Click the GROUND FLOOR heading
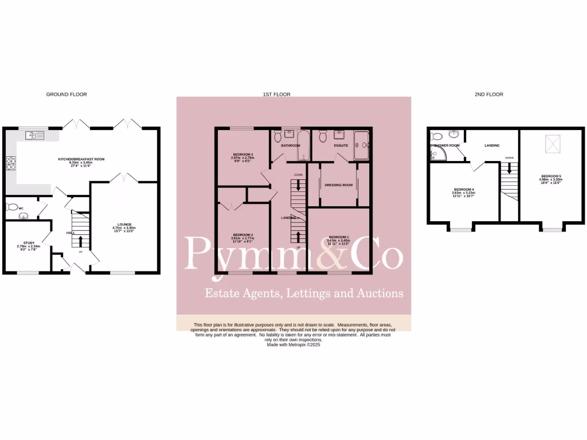66,94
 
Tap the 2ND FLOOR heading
490,94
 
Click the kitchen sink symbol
34,136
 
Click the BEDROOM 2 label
243,235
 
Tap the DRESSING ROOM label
338,185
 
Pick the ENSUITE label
341,146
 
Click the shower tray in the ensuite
362,145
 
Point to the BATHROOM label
291,146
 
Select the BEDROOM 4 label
464,190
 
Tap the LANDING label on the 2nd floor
492,146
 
